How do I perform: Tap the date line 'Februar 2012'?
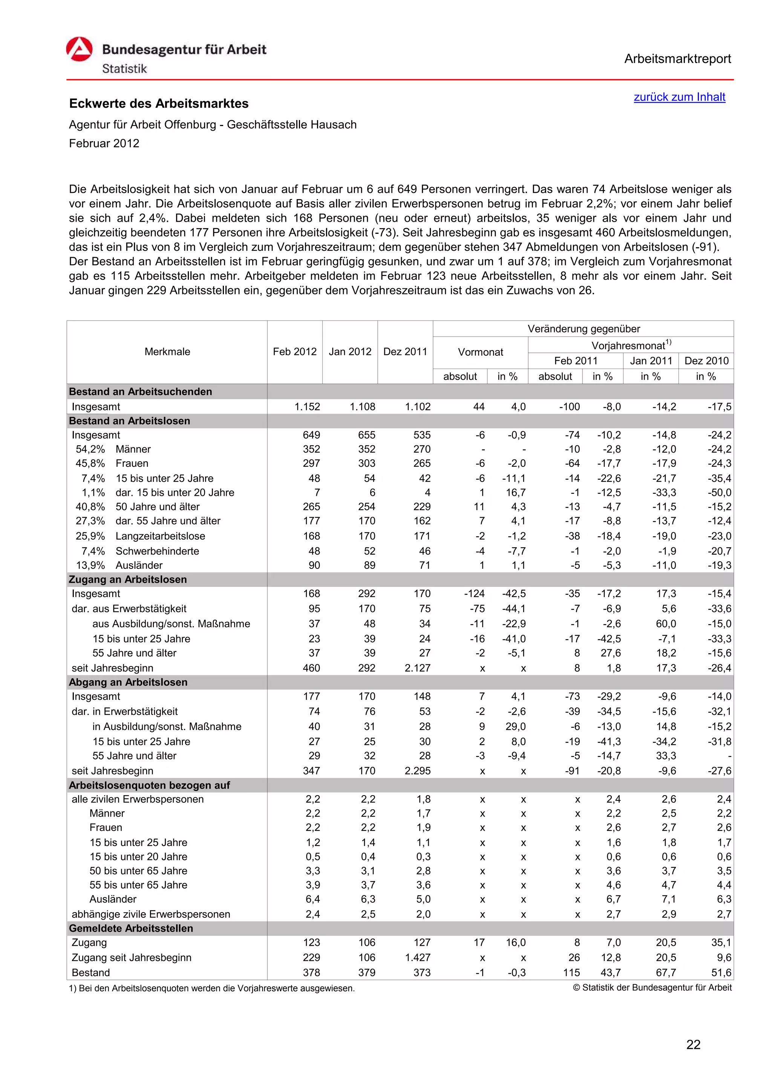tap(104, 143)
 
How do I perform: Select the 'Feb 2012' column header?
tap(294, 352)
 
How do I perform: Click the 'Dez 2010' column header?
tap(706, 361)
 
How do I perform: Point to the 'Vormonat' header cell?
tap(480, 352)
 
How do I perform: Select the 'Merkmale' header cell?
tap(167, 352)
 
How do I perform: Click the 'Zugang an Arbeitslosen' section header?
tap(128, 579)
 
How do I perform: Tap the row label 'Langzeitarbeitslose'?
tap(160, 536)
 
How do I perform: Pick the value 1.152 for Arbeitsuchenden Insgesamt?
tap(307, 407)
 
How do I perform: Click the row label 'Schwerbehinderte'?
tap(157, 551)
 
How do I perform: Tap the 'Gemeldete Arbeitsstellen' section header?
tap(131, 928)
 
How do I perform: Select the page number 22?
tap(693, 1044)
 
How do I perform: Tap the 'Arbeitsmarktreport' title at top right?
tap(677, 59)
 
